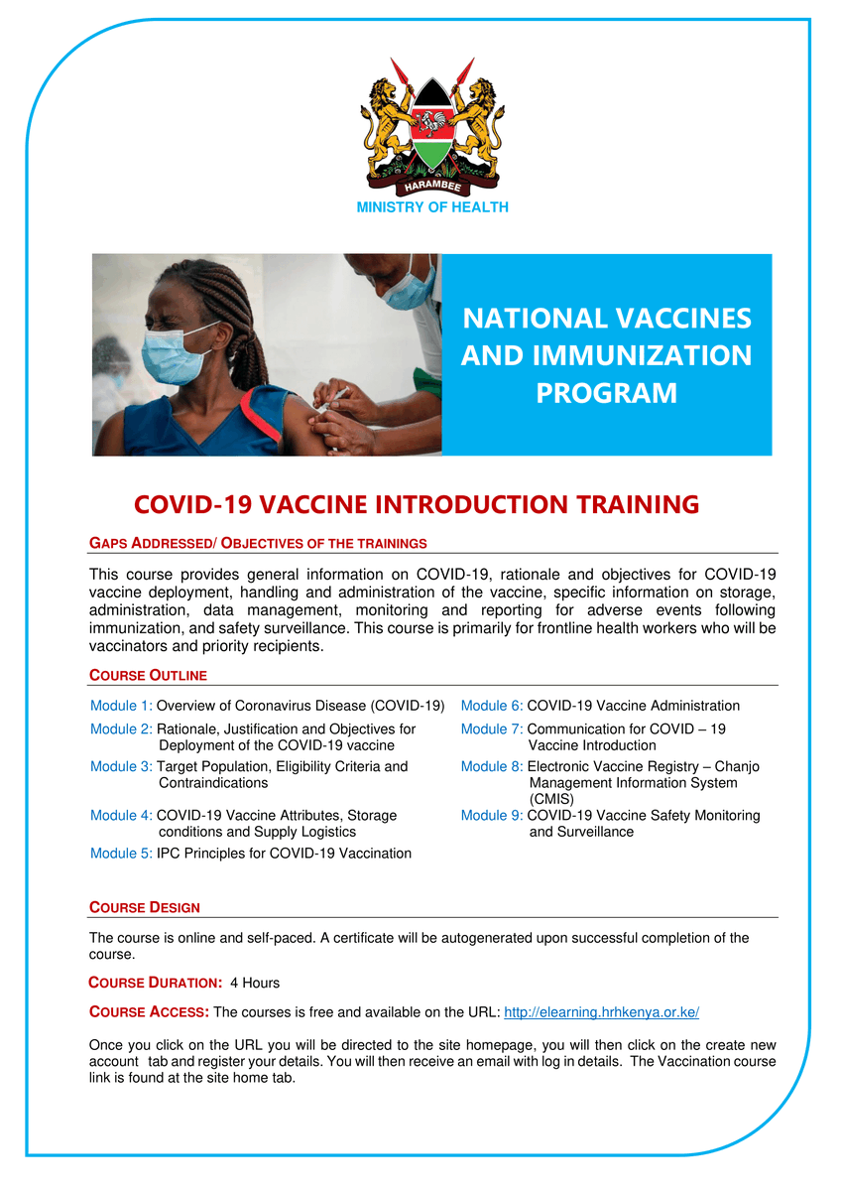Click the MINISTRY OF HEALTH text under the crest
(431, 207)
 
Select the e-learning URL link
(602, 1013)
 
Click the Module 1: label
(121, 706)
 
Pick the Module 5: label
(121, 853)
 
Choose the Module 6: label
(492, 706)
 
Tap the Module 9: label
(492, 815)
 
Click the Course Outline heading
(148, 676)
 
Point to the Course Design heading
(145, 907)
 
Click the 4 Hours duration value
(255, 983)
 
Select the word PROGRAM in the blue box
(606, 393)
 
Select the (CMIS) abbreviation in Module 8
(551, 798)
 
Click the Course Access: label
(149, 1013)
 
